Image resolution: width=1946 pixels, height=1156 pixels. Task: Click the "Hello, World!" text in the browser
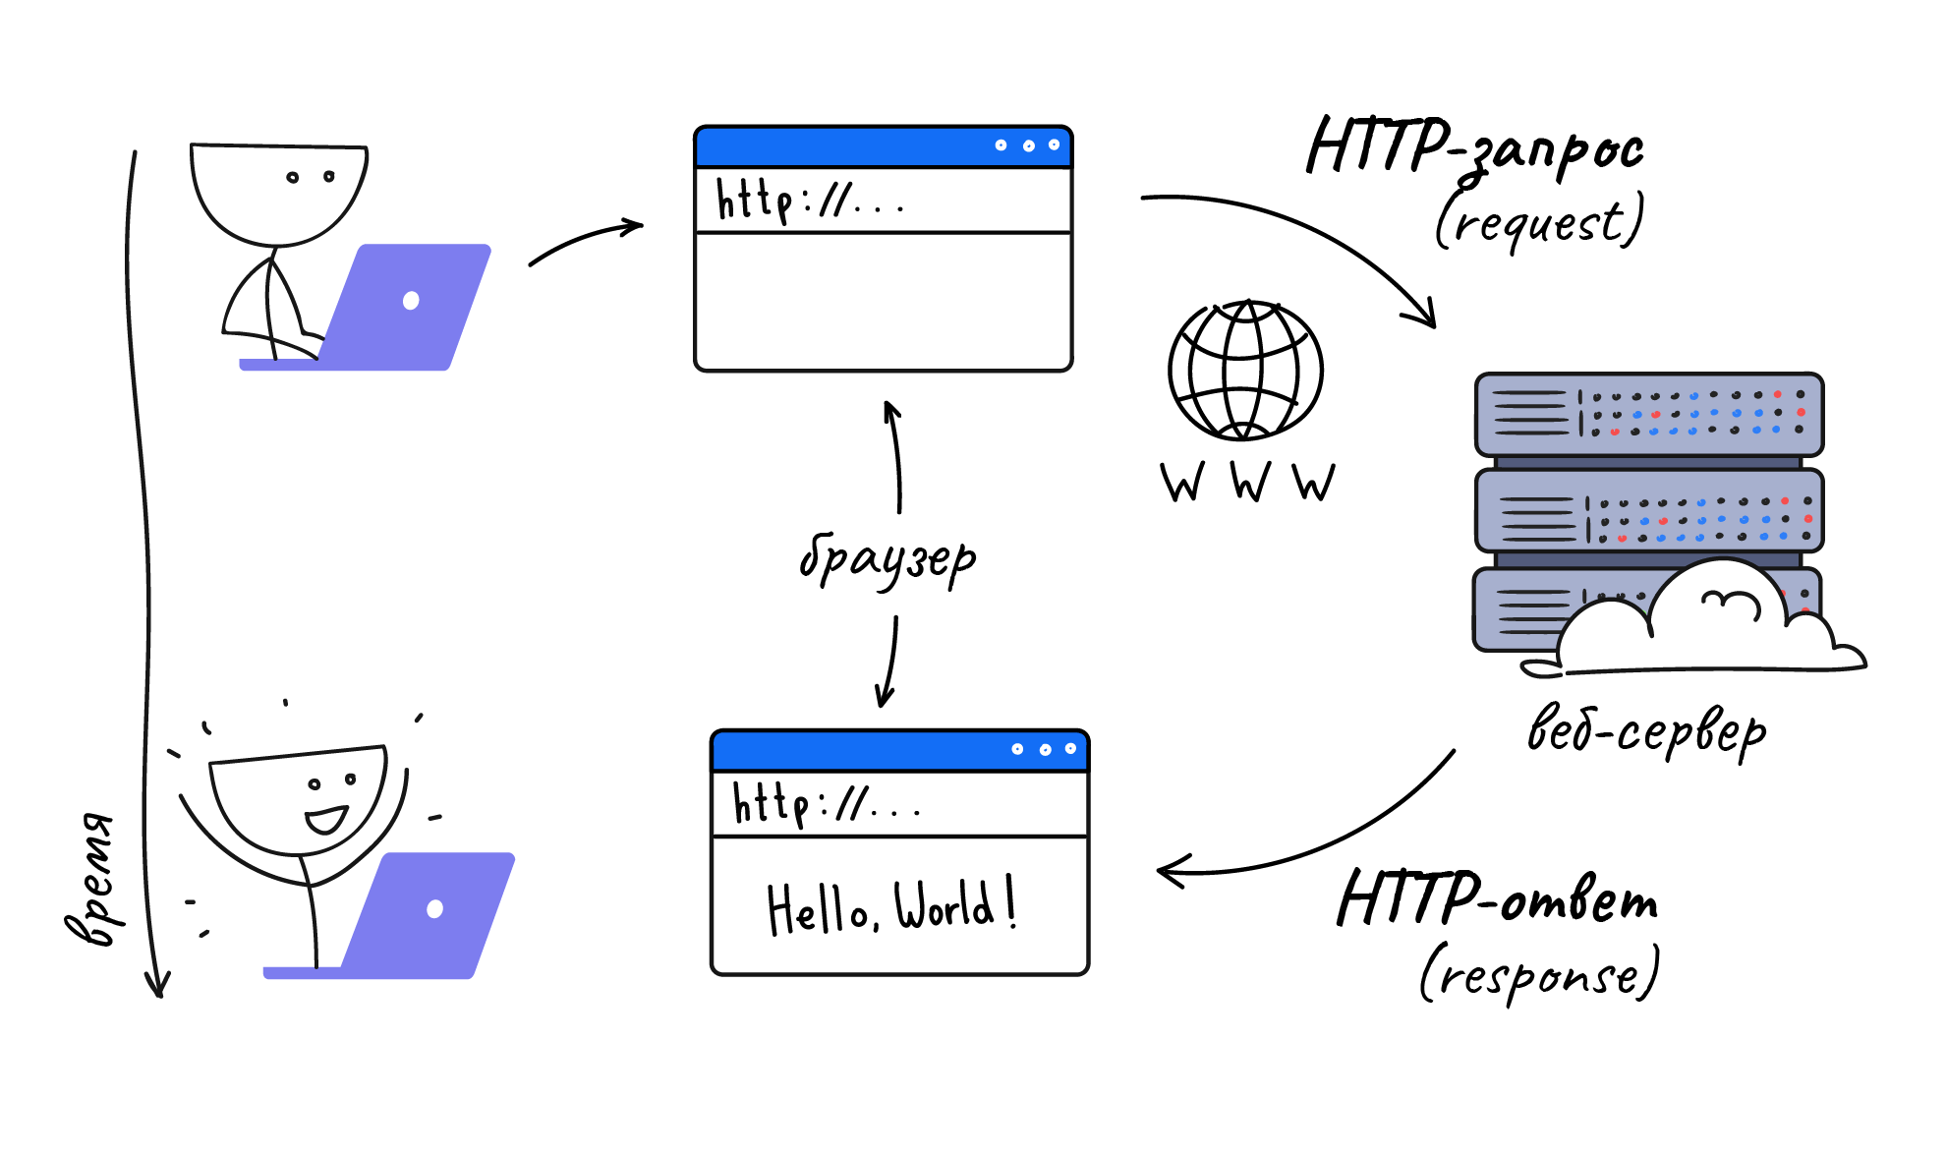coord(890,906)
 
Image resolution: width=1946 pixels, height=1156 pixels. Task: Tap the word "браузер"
coord(887,560)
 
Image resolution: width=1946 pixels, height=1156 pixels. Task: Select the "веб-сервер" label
coord(1646,732)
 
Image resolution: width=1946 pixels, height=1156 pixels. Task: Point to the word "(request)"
coord(1539,222)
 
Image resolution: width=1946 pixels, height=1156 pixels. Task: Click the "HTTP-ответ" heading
coord(1497,899)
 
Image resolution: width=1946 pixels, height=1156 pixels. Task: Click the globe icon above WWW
coord(1245,371)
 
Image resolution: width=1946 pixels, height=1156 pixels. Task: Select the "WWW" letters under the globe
coord(1247,482)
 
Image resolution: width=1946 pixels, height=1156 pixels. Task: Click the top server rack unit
coord(1648,414)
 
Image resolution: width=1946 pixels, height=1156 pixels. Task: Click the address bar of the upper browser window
coord(883,201)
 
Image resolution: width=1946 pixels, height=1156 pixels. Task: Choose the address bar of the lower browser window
coord(899,804)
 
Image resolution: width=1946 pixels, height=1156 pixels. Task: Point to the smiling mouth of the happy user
coord(325,819)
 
